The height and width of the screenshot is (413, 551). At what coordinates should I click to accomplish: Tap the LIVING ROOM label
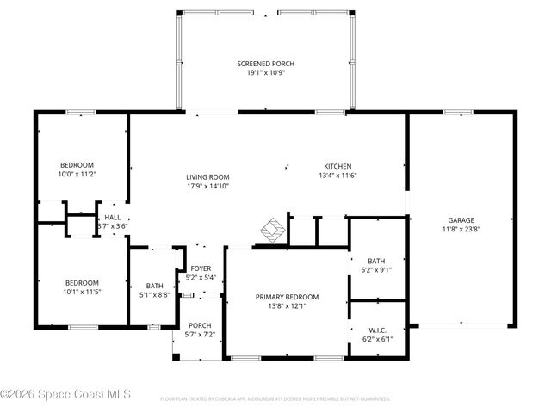click(207, 177)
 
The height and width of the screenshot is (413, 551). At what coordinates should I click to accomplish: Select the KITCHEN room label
click(337, 166)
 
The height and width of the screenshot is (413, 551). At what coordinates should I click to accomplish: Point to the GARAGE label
click(461, 219)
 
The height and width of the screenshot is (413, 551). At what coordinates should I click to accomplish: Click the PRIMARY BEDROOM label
click(287, 297)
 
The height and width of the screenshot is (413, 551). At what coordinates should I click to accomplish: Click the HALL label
click(113, 218)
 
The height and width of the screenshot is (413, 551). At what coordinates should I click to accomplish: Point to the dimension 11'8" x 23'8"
click(461, 229)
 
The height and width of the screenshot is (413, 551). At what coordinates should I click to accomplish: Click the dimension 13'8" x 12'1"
click(287, 306)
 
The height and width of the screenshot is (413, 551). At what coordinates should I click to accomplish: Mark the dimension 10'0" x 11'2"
click(77, 174)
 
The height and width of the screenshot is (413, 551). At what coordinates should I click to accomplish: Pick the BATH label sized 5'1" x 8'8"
click(155, 286)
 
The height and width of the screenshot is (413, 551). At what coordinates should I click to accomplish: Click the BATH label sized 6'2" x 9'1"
click(376, 261)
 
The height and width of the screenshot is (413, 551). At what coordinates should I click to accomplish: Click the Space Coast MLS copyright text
click(65, 395)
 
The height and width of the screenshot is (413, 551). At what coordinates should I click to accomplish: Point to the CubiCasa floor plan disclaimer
click(275, 399)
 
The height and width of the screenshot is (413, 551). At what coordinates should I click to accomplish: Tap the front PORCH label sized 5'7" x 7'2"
click(200, 325)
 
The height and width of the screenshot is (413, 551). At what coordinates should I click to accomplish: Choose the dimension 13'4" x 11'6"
click(337, 176)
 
